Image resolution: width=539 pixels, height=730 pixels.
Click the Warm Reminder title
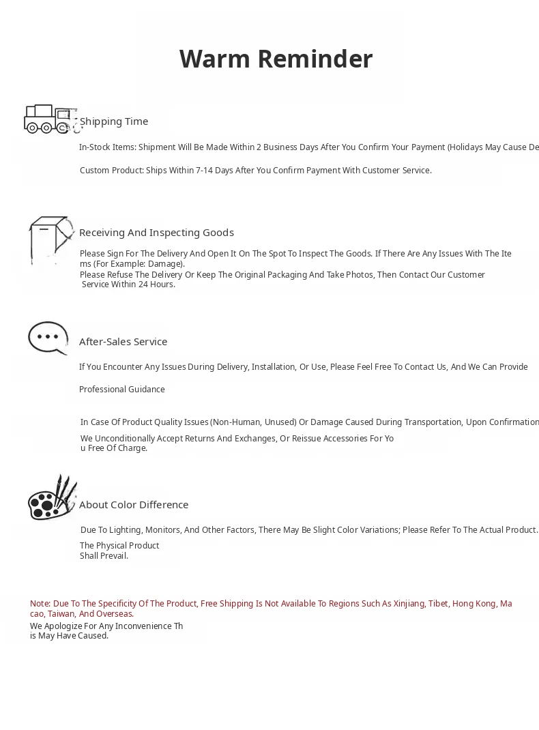tap(276, 59)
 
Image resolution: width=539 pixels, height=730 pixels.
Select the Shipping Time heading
tap(114, 121)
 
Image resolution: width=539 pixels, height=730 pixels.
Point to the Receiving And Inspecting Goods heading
tap(156, 233)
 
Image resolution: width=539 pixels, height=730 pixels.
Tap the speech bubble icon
tap(48, 338)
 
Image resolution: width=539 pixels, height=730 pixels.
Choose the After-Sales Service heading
tap(123, 342)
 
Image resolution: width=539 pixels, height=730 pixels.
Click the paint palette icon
tap(51, 498)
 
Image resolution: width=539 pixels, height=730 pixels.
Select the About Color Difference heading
tap(134, 505)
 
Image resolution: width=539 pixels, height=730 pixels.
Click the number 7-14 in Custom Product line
tap(204, 171)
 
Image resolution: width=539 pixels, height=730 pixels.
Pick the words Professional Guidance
tap(122, 390)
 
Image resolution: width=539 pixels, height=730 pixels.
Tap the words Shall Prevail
tap(104, 556)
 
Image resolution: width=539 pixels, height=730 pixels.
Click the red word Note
tap(40, 604)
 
